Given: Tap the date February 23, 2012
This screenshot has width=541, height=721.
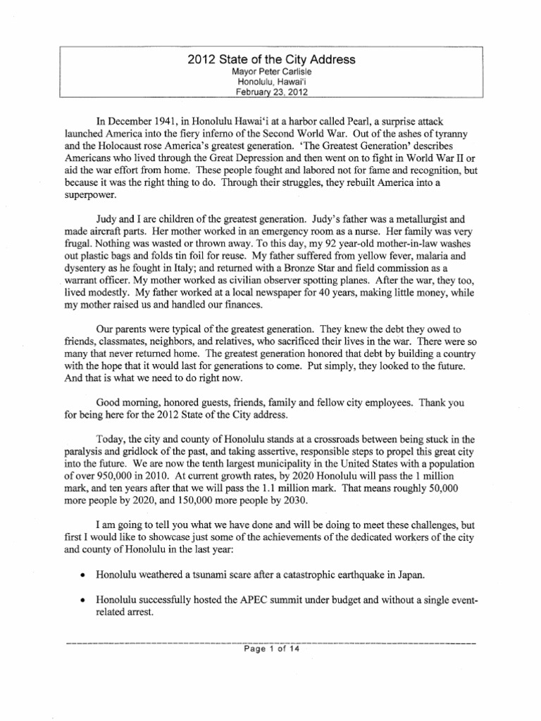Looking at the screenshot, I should pos(270,92).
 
